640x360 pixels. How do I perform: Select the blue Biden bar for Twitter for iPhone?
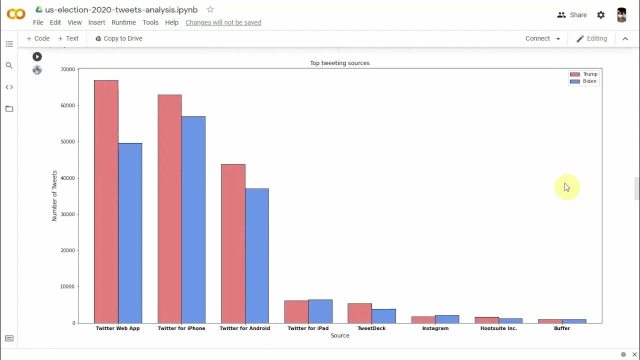pyautogui.click(x=193, y=219)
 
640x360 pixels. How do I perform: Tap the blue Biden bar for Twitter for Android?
pyautogui.click(x=257, y=255)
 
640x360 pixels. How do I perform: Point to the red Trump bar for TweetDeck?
pyautogui.click(x=359, y=313)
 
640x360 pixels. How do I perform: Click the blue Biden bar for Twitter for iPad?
pyautogui.click(x=320, y=311)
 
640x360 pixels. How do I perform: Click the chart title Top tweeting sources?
pyautogui.click(x=339, y=63)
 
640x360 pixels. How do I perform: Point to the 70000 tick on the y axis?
pyautogui.click(x=67, y=69)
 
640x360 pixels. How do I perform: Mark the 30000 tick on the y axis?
pyautogui.click(x=67, y=214)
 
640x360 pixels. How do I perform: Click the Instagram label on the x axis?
pyautogui.click(x=435, y=328)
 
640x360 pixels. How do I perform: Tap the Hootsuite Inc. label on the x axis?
pyautogui.click(x=498, y=328)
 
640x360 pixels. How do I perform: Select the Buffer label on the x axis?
pyautogui.click(x=562, y=328)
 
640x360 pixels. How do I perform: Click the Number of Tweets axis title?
pyautogui.click(x=54, y=195)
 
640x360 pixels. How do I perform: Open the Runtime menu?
pyautogui.click(x=123, y=22)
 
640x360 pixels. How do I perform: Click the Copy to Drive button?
pyautogui.click(x=118, y=38)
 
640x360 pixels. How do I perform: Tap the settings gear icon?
pyautogui.click(x=601, y=15)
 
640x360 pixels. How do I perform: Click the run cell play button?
pyautogui.click(x=37, y=57)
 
